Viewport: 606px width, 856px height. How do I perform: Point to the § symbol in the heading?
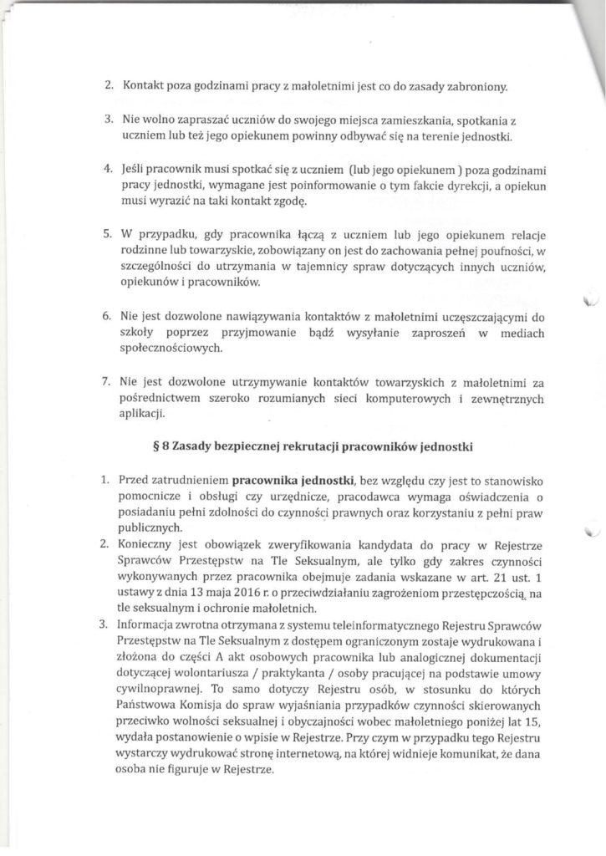tap(155, 446)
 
